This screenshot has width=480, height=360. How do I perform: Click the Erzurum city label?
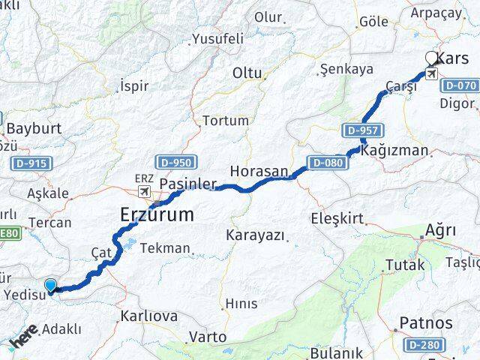click(x=157, y=214)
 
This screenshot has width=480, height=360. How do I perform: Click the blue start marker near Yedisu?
click(x=50, y=285)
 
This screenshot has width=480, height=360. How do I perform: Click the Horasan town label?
click(x=259, y=171)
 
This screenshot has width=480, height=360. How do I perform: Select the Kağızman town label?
click(x=394, y=150)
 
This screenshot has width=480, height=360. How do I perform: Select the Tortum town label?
click(x=226, y=121)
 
